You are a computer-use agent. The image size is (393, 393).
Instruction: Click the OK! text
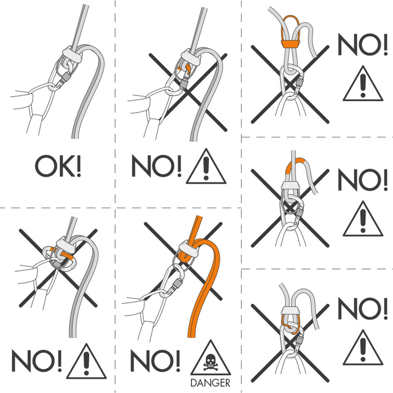(x=58, y=166)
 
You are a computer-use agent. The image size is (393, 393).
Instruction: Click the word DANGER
(x=210, y=383)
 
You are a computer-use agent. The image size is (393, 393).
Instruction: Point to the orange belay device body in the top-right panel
(x=290, y=44)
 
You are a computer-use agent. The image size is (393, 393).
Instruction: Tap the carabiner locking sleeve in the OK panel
(x=66, y=77)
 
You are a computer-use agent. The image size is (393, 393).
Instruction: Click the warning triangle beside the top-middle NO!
(x=206, y=166)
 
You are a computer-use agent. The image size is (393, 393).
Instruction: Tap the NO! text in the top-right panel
(x=362, y=44)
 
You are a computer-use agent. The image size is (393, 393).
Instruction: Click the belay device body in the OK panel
(x=73, y=54)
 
